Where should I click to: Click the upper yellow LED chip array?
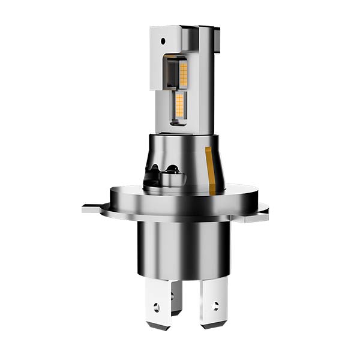click(184, 73)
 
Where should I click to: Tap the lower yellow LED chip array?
click(179, 106)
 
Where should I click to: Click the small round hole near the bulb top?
click(163, 41)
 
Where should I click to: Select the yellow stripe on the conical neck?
click(210, 171)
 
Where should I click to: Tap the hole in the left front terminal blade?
click(157, 307)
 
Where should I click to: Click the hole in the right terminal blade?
click(215, 306)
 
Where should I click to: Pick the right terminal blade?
click(214, 303)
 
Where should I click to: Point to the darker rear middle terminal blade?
click(176, 297)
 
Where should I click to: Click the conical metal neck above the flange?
click(186, 159)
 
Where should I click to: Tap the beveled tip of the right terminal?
click(214, 325)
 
